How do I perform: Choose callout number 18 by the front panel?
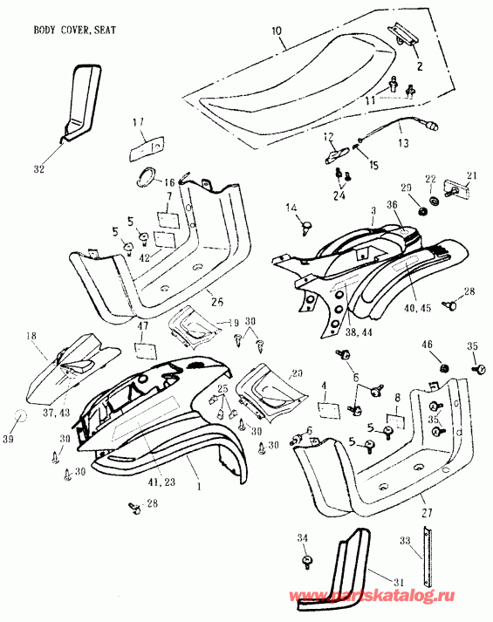[31, 334]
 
